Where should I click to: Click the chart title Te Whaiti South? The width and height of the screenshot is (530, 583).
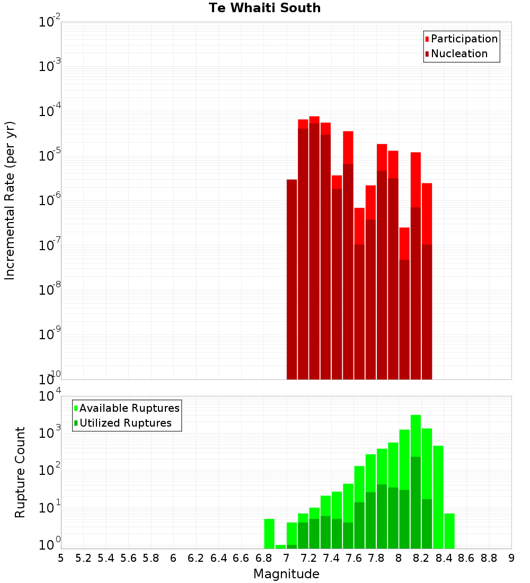(x=264, y=8)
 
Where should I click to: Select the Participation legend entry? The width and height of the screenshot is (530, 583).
(x=464, y=39)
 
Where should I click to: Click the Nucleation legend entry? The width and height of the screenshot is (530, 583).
(x=459, y=54)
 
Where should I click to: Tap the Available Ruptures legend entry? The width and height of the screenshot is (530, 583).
(x=129, y=408)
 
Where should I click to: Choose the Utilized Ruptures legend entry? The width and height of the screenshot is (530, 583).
(x=125, y=423)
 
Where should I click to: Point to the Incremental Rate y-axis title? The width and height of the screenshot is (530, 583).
(x=10, y=200)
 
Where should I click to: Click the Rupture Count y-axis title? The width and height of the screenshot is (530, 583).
(x=20, y=472)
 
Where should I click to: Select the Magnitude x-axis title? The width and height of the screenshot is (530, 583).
(x=286, y=574)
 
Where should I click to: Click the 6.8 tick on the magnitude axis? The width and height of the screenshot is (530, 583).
(x=263, y=558)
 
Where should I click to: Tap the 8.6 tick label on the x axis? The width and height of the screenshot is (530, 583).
(x=466, y=558)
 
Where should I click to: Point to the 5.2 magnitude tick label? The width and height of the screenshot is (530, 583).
(x=83, y=558)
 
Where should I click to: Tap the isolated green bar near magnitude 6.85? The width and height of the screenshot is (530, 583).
(x=269, y=533)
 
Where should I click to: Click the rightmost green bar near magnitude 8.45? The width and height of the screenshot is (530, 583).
(x=449, y=531)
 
